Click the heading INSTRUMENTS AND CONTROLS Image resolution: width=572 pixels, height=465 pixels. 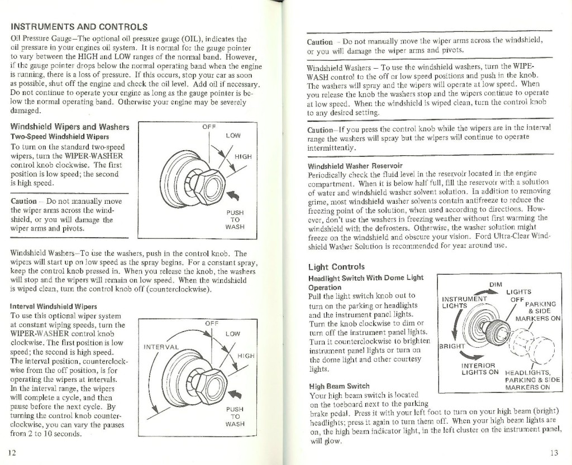79,26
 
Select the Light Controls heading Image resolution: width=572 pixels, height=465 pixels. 336,267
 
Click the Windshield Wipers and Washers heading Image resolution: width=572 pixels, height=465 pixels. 69,127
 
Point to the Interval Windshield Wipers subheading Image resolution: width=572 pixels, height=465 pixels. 54,306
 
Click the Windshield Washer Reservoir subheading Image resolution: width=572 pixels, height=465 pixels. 355,166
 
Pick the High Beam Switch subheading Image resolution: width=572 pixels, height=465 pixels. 335,385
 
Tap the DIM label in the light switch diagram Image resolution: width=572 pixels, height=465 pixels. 495,284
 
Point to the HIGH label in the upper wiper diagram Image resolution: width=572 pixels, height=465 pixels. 243,157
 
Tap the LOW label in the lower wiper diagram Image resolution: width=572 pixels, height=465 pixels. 233,334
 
